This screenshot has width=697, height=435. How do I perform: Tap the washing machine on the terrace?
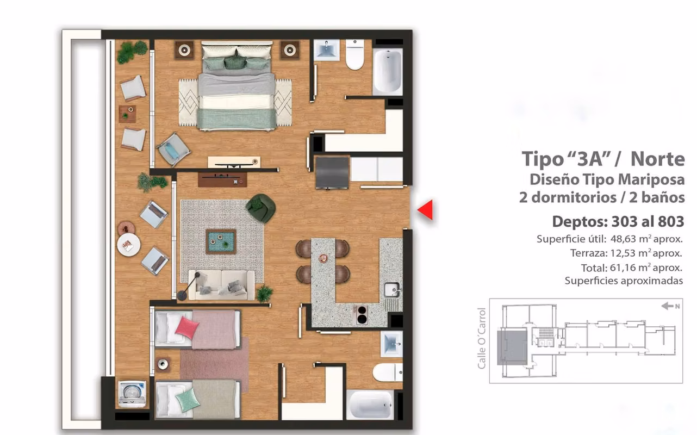point(132,393)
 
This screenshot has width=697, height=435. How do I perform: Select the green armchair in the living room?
point(261,208)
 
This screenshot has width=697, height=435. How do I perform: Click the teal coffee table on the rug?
point(221,241)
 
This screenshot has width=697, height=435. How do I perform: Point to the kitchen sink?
point(392,290)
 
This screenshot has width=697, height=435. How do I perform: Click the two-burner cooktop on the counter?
point(362,315)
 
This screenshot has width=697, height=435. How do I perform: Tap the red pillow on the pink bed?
point(187,327)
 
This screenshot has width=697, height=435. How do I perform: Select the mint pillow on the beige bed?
point(188,400)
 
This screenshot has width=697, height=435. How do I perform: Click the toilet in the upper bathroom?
point(354,54)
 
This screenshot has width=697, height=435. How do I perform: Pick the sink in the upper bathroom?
point(326,50)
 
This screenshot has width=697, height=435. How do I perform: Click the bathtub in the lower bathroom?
point(370,405)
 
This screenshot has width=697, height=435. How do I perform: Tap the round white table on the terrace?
point(128,245)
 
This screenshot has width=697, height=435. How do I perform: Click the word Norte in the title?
point(657,159)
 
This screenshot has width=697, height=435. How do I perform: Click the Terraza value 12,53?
point(623,253)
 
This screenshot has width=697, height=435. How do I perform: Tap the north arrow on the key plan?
point(667,306)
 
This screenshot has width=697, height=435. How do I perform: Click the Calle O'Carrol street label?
point(481,339)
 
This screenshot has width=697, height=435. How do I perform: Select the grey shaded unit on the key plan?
point(512,347)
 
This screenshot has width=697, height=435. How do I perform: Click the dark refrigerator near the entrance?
point(332,173)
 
